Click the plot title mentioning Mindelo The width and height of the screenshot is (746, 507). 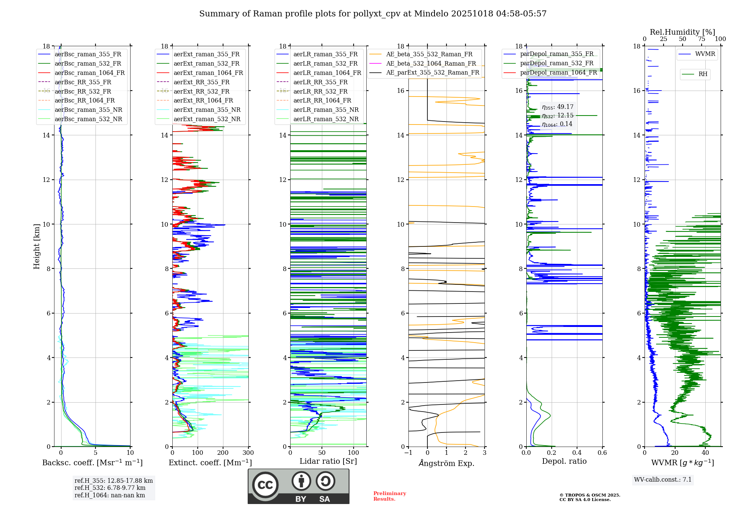373,14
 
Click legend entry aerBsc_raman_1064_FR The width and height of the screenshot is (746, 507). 90,73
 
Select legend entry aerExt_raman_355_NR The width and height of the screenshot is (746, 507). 207,110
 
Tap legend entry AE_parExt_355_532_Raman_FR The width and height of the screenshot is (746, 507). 432,72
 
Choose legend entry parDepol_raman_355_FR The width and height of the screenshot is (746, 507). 557,54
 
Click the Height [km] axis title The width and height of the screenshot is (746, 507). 37,246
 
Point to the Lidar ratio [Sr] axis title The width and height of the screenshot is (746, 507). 328,461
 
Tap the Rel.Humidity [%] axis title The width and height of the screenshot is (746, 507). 682,32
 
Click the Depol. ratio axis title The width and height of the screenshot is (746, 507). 564,461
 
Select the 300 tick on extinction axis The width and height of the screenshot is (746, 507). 248,453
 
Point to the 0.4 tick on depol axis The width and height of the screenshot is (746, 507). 577,453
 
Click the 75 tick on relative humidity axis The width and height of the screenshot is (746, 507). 701,39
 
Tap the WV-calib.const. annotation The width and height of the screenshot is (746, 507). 662,479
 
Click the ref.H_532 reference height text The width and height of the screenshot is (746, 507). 110,488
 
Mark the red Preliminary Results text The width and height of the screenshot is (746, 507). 389,496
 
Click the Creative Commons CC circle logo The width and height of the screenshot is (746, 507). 265,485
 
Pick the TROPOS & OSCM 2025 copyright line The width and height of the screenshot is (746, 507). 589,495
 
